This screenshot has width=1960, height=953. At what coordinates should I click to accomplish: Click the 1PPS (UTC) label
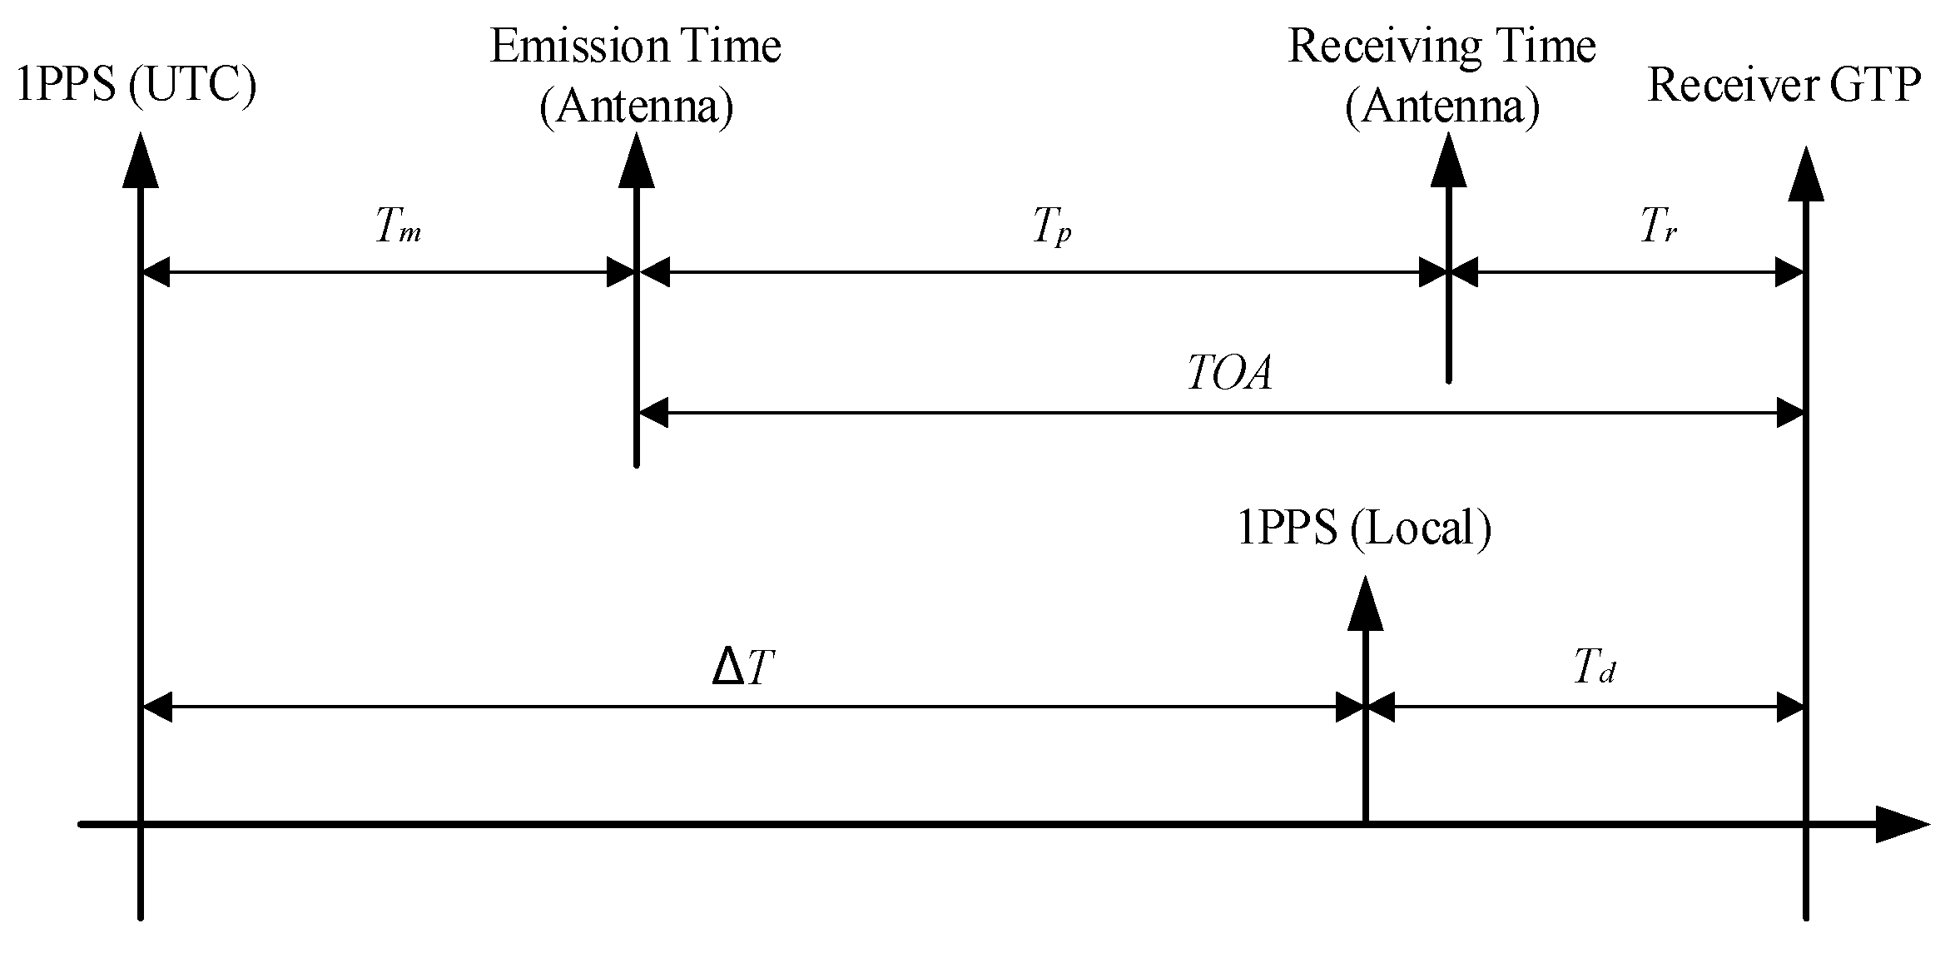(x=136, y=86)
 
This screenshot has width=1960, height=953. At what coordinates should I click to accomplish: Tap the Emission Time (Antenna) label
(x=636, y=77)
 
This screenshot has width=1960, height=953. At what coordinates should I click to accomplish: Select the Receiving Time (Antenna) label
(x=1441, y=77)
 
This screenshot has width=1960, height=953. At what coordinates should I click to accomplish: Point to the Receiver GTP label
(x=1784, y=86)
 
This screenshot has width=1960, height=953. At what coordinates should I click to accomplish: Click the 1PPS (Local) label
(x=1364, y=529)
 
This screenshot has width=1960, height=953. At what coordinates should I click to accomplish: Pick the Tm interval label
(x=398, y=226)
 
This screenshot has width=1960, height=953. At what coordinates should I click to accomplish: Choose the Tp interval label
(x=1052, y=226)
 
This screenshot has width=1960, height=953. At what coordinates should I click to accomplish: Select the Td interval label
(x=1594, y=668)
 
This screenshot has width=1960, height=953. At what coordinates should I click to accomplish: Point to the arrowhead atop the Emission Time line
(x=637, y=160)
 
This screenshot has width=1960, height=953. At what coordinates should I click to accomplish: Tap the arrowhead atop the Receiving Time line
(x=1449, y=160)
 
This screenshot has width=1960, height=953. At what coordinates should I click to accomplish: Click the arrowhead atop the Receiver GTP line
(x=1805, y=175)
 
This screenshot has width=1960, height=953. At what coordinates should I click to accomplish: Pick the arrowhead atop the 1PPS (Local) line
(x=1365, y=603)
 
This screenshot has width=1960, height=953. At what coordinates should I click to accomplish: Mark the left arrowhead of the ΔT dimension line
(x=157, y=707)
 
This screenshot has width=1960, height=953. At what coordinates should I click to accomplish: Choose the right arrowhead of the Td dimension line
(x=1789, y=707)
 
